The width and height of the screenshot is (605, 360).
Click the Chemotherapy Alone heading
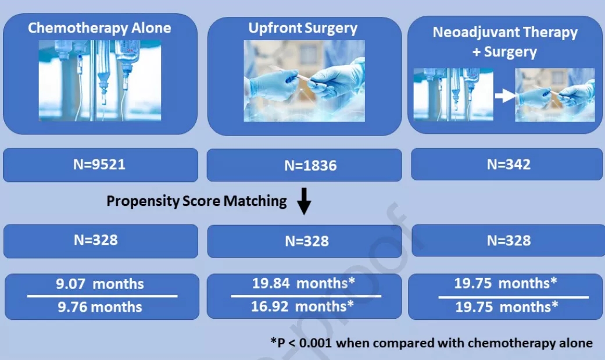click(99, 28)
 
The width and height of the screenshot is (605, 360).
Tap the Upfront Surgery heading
click(303, 28)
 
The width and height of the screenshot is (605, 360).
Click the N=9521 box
click(101, 165)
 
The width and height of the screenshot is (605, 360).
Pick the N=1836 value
click(310, 166)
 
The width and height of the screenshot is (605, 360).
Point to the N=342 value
click(509, 165)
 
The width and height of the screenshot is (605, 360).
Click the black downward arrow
click(304, 201)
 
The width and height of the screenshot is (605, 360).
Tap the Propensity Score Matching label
click(197, 201)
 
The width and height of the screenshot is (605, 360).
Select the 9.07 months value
click(100, 284)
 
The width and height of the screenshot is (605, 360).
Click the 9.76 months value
click(100, 307)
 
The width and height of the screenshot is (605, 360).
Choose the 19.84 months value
click(303, 283)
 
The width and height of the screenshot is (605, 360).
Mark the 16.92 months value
click(302, 306)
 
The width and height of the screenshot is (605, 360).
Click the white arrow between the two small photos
click(504, 95)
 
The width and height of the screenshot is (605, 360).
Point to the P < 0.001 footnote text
click(431, 343)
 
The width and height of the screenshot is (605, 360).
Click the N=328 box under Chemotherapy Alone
click(101, 241)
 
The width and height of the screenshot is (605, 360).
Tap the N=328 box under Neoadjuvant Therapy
click(508, 241)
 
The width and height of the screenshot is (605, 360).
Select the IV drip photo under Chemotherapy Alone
click(100, 81)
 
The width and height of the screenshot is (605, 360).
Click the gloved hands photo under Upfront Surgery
click(304, 81)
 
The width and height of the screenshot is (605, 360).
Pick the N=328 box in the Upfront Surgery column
click(305, 241)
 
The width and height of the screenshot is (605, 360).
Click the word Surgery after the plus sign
click(510, 52)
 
